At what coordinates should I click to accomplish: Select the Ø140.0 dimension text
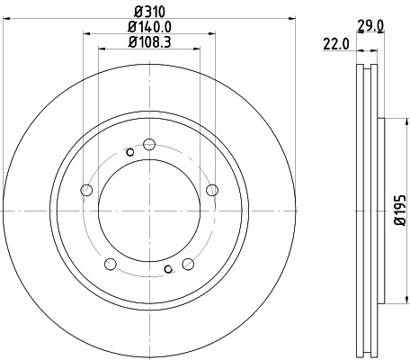[149, 27]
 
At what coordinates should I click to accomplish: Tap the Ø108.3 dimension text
[149, 41]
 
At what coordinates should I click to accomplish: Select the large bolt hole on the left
[87, 189]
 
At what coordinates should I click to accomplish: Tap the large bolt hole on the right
[212, 189]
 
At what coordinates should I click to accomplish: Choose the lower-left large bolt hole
[111, 264]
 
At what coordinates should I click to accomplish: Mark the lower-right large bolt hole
[188, 264]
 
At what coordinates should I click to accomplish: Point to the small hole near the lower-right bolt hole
[168, 268]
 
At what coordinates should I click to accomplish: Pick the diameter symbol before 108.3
[131, 41]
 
